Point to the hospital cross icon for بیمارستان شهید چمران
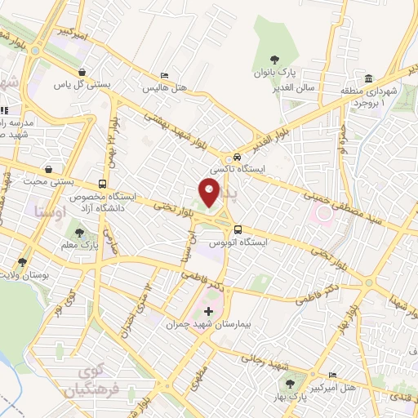click(x=208, y=311)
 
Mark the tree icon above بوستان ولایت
click(x=22, y=263)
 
